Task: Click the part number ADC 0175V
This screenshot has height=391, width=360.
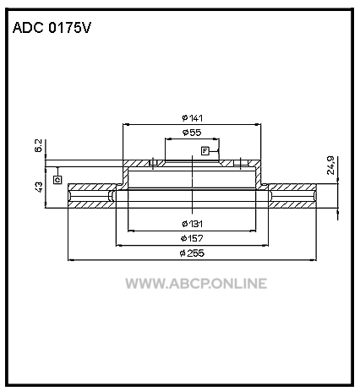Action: click(x=52, y=28)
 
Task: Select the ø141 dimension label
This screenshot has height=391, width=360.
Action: click(x=193, y=118)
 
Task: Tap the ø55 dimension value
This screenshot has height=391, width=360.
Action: click(x=192, y=133)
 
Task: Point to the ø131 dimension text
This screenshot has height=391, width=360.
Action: click(x=192, y=224)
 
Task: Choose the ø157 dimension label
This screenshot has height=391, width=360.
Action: click(x=192, y=238)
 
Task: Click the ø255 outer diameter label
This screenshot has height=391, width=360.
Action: click(x=192, y=253)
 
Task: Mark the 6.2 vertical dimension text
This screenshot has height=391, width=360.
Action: click(x=39, y=145)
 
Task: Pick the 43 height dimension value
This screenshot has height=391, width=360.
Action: click(x=39, y=187)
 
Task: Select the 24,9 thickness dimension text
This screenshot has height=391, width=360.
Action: click(x=330, y=166)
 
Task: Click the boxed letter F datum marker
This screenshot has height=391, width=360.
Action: click(x=205, y=151)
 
